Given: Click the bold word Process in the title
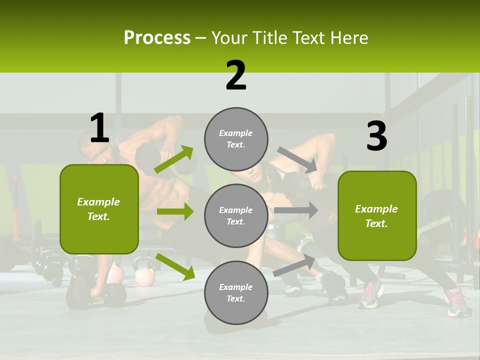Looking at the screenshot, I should tap(157, 37).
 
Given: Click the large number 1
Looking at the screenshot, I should tap(99, 128).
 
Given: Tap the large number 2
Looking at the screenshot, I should tap(236, 75).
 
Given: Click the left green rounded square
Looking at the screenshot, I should tap(99, 209).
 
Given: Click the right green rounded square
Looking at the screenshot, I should tap(377, 216).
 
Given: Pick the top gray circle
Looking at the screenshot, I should tap(236, 139).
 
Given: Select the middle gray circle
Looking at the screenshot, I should tap(236, 215).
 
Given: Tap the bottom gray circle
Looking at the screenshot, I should tap(236, 292).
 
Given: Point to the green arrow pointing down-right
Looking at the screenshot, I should tap(175, 266).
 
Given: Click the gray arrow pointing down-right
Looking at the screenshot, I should tap(297, 160).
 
